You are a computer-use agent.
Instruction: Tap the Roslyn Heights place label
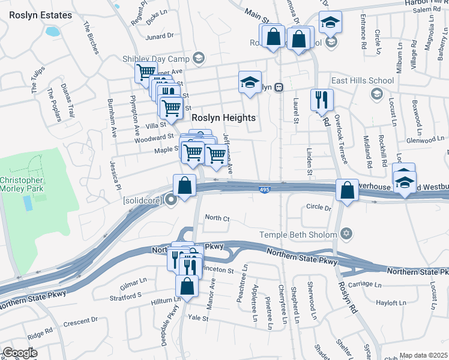tap(223, 118)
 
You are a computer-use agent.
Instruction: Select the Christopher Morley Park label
tap(22, 185)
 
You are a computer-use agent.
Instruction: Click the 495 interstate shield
tap(265, 190)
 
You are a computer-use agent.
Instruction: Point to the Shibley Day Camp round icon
tap(198, 58)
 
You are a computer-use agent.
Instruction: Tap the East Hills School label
tap(363, 80)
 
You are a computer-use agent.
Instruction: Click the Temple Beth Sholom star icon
tap(345, 233)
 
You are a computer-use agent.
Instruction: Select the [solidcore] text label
tap(142, 200)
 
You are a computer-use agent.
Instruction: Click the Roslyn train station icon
tap(279, 87)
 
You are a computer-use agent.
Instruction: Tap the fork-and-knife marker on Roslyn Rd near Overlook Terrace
tap(322, 99)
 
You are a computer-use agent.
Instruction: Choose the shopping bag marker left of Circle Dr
tap(347, 190)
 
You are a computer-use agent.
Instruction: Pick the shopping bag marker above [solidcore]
tap(185, 185)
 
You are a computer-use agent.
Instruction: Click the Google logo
tap(20, 353)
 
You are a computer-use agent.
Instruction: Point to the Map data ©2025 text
tap(423, 355)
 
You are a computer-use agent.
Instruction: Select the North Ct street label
tap(217, 218)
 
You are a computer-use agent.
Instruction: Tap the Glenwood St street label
tap(425, 139)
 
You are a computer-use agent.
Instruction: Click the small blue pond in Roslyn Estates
tap(52, 31)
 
